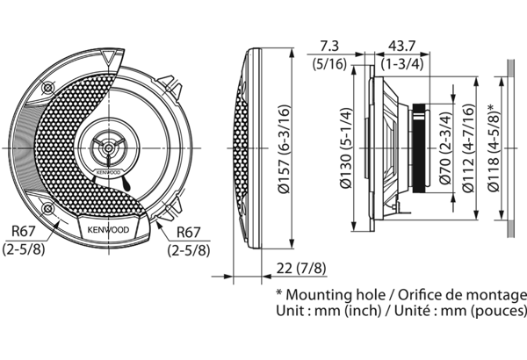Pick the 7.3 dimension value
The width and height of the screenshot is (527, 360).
pyautogui.click(x=329, y=45)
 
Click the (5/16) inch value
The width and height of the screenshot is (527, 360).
pyautogui.click(x=329, y=62)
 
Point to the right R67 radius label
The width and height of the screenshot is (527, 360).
pyautogui.click(x=192, y=234)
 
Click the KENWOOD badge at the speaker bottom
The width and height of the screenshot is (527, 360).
pyautogui.click(x=107, y=230)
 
